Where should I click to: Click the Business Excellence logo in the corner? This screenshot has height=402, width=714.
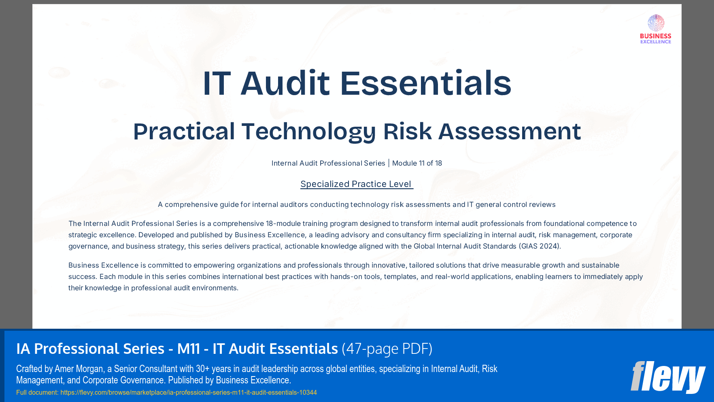(x=655, y=29)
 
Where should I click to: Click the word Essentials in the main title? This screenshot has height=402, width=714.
(x=425, y=83)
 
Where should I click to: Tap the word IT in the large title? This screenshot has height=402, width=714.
(x=217, y=83)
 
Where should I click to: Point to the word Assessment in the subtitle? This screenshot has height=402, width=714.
(x=509, y=132)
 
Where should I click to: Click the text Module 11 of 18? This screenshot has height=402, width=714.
(x=417, y=163)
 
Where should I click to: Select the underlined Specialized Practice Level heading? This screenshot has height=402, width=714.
(x=356, y=184)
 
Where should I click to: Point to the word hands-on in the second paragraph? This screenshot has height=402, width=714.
(x=344, y=277)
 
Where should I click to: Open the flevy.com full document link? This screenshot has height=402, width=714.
(x=189, y=392)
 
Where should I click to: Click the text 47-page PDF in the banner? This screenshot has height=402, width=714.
(x=387, y=349)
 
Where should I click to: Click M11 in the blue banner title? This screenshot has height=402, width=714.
(x=189, y=349)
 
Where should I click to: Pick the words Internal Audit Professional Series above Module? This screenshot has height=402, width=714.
(x=328, y=163)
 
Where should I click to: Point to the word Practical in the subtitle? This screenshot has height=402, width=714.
(x=184, y=132)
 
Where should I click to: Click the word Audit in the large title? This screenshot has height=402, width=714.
(x=285, y=83)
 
